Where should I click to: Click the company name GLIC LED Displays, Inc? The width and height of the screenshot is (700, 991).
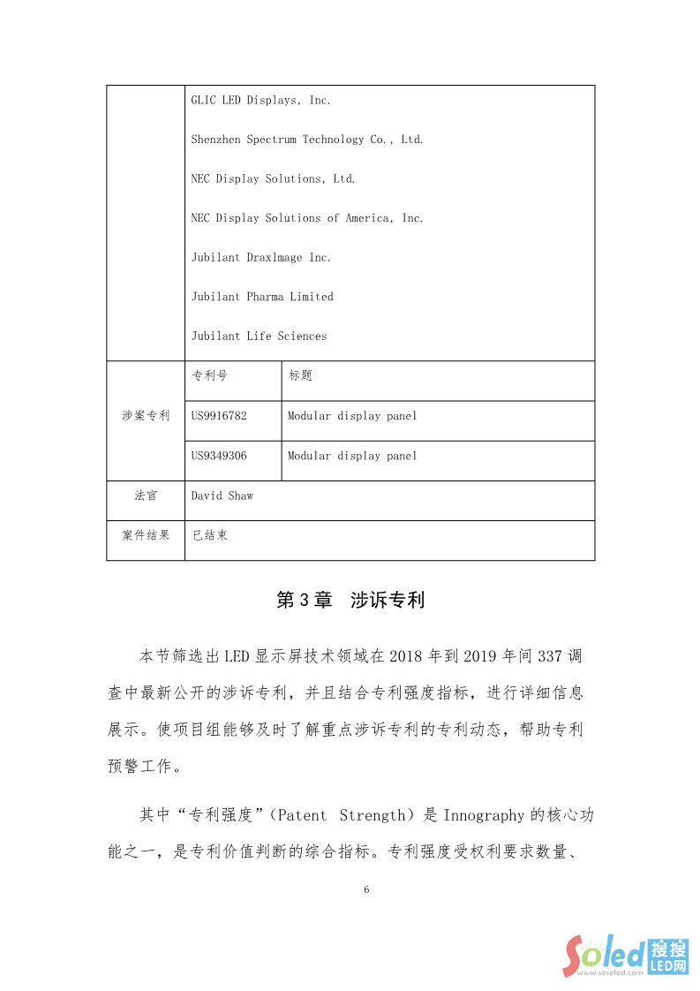[x=261, y=101]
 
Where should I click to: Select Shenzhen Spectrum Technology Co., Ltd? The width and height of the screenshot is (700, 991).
[x=307, y=140]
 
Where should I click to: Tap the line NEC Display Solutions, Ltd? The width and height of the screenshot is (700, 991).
[x=274, y=179]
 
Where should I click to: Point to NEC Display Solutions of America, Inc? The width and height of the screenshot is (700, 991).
[x=307, y=218]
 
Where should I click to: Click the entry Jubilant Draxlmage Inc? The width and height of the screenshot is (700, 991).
[x=261, y=258]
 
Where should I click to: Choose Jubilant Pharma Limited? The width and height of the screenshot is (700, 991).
[x=262, y=297]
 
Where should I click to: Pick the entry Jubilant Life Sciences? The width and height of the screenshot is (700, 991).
[x=259, y=337]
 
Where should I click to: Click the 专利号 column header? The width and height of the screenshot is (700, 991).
[x=209, y=376]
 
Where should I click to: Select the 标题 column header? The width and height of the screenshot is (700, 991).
[x=300, y=376]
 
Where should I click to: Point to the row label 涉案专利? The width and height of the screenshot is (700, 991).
[x=146, y=416]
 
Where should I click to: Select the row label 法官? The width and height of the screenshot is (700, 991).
[x=146, y=496]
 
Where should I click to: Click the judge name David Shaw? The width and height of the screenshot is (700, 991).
[x=222, y=496]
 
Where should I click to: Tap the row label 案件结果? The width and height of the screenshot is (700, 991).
[x=146, y=536]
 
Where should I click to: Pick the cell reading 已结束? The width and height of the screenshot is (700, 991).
[x=210, y=536]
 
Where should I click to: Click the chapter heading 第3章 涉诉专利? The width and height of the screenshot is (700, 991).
[x=350, y=601]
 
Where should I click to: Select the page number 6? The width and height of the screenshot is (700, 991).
[x=366, y=889]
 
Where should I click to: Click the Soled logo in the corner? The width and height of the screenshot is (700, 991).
[x=626, y=955]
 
